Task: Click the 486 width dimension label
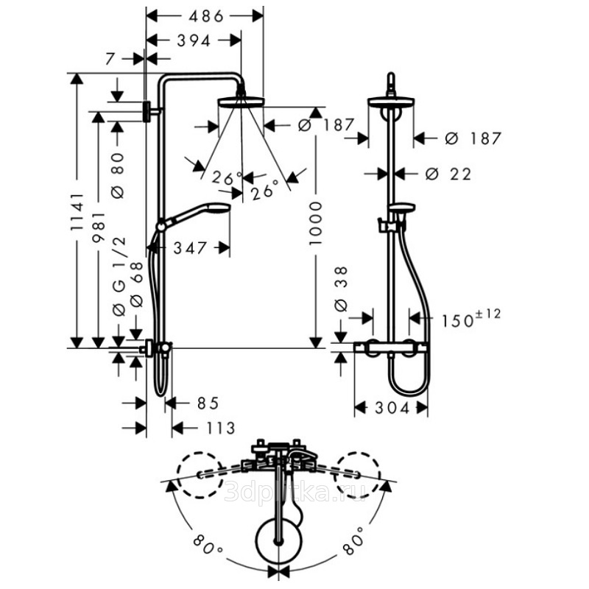click(206, 16)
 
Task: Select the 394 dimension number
click(194, 41)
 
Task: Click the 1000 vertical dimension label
click(316, 224)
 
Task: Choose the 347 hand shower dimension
click(190, 248)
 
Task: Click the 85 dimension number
click(208, 403)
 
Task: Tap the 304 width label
click(392, 408)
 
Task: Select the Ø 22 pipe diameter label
click(448, 174)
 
